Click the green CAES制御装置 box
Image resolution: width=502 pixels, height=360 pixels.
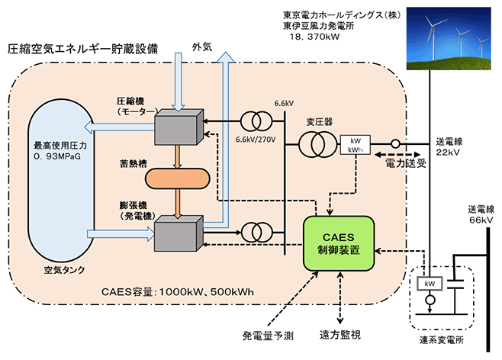tap(339, 243)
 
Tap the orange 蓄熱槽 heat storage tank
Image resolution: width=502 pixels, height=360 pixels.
tap(178, 178)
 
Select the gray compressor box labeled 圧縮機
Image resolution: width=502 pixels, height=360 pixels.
tap(179, 127)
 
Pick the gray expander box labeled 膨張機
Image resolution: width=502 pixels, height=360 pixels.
tap(179, 233)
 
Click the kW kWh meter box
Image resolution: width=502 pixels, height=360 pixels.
tap(355, 145)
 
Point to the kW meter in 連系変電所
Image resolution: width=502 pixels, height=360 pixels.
tap(430, 284)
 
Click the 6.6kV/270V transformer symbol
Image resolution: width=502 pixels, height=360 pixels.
tap(256, 121)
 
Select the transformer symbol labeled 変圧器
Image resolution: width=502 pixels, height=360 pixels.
tap(317, 144)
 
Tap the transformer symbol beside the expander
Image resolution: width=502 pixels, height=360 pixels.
tap(257, 233)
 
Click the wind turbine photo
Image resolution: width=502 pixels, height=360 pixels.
tap(449, 38)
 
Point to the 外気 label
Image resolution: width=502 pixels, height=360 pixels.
tap(202, 47)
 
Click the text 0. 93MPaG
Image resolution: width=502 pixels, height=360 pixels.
tap(57, 156)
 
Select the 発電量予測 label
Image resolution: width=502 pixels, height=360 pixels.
tap(268, 336)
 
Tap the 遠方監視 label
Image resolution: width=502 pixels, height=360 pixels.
tap(340, 335)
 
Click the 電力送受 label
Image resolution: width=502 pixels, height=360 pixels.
tap(406, 163)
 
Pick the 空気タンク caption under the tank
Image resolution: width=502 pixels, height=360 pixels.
tap(64, 270)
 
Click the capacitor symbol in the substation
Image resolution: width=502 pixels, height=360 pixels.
tap(455, 284)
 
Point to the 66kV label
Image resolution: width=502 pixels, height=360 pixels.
tap(481, 220)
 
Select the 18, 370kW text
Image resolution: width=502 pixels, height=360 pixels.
tap(314, 37)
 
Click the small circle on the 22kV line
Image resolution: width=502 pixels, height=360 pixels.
tap(396, 144)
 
